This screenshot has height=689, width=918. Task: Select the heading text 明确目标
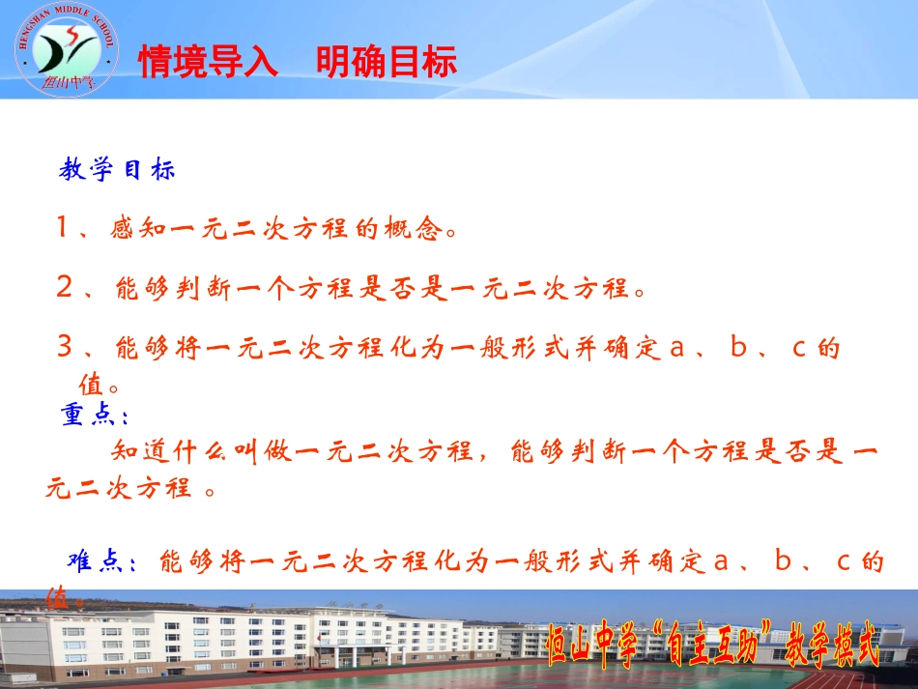pos(387,64)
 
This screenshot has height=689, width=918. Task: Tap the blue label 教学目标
pos(117,171)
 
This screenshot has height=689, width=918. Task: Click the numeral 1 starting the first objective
pos(64,229)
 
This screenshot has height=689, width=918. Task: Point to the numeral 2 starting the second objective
pos(65,287)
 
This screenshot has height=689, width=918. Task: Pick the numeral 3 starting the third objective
pos(65,347)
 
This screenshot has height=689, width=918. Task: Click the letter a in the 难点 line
pos(719,561)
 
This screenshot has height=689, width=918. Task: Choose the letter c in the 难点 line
pos(843,561)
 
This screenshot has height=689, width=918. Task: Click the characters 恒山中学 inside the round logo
pos(66,81)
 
